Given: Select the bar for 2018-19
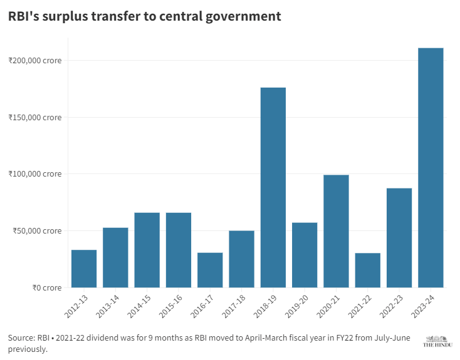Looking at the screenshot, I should click(x=273, y=187).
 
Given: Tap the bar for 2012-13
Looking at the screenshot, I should click(x=84, y=269).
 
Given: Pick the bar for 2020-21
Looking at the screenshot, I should click(x=336, y=231).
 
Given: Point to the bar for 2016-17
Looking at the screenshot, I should click(x=210, y=270).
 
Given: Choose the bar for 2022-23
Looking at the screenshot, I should click(x=399, y=238).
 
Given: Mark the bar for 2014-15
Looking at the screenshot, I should click(x=147, y=250).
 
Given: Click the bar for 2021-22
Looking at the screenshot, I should click(x=367, y=270).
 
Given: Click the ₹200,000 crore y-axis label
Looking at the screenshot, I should click(x=35, y=61).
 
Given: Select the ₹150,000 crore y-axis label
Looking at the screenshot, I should click(x=35, y=118).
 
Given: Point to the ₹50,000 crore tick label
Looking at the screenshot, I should click(x=37, y=230).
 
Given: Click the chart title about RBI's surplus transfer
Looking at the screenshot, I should click(x=145, y=17).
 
